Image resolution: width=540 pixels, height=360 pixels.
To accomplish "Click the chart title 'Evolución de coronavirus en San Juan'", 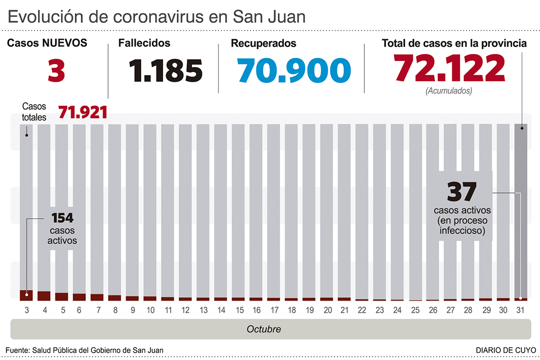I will point(156,16).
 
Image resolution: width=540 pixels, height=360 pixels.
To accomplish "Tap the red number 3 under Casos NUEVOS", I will point(56,71).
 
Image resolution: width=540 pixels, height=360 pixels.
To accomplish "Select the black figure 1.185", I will point(166,71).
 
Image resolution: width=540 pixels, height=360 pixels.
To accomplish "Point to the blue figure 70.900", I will point(294,71).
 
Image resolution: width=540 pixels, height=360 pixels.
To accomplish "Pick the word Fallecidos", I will point(144,44).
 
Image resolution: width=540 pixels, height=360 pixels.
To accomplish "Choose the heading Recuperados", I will point(264,44).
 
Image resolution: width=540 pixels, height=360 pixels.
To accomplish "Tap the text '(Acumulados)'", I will point(449,91).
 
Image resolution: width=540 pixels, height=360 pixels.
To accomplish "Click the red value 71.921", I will point(83,112).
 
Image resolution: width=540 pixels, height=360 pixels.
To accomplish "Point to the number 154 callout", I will point(62,218).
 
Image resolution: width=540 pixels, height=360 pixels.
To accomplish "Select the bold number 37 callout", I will point(461,192).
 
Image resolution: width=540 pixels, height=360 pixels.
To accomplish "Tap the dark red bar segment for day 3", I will point(26,295).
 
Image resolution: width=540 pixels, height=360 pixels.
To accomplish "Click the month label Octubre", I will point(264,329).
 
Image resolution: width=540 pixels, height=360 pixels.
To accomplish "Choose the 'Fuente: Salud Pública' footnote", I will point(85,350).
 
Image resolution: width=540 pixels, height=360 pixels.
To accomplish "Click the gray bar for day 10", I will point(150,203).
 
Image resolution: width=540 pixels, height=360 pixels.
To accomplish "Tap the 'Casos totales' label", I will point(34,112).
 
